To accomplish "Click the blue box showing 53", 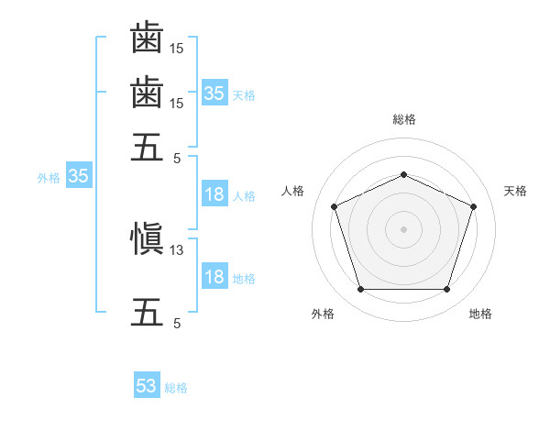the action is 147,384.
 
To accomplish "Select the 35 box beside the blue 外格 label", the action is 79,175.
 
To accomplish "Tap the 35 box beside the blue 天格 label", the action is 215,93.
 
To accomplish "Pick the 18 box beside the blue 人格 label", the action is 215,193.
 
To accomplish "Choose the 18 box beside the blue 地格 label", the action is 215,275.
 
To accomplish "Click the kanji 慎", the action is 147,238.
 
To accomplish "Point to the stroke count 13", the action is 176,250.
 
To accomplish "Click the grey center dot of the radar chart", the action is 403,229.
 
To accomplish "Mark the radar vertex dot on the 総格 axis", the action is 403,174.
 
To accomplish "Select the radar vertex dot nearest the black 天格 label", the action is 473,206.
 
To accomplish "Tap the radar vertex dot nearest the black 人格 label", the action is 335,206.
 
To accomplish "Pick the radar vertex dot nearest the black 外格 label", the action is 361,289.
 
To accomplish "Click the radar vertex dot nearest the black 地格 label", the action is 446,289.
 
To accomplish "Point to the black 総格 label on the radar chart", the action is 404,119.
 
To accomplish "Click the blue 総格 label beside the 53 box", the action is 176,388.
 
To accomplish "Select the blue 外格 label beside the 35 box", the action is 49,178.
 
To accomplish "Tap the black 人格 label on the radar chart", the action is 292,191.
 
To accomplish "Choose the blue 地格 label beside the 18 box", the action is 244,279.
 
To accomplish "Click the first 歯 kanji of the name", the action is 147,38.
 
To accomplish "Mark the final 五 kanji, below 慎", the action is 147,313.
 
